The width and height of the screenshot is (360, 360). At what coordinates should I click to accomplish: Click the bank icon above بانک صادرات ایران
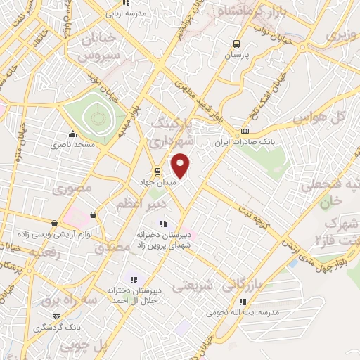pos(245,131)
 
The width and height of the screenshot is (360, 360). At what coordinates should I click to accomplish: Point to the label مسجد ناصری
pos(65,144)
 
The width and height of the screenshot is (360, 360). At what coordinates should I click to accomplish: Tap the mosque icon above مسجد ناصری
pos(72,134)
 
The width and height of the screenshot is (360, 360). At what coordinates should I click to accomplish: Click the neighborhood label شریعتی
pos(192,286)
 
